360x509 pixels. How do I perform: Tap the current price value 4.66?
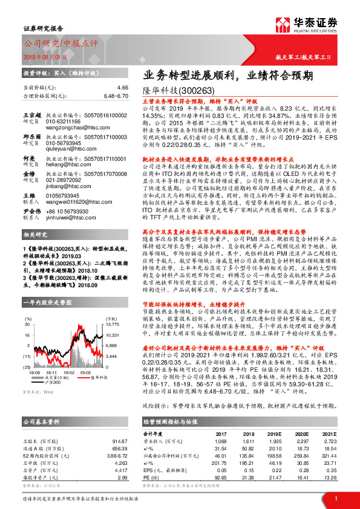coord(123,88)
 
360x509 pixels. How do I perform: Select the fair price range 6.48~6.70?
coord(116,96)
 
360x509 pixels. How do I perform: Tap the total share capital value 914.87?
coord(119,424)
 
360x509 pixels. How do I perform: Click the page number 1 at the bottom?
coord(336,498)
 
